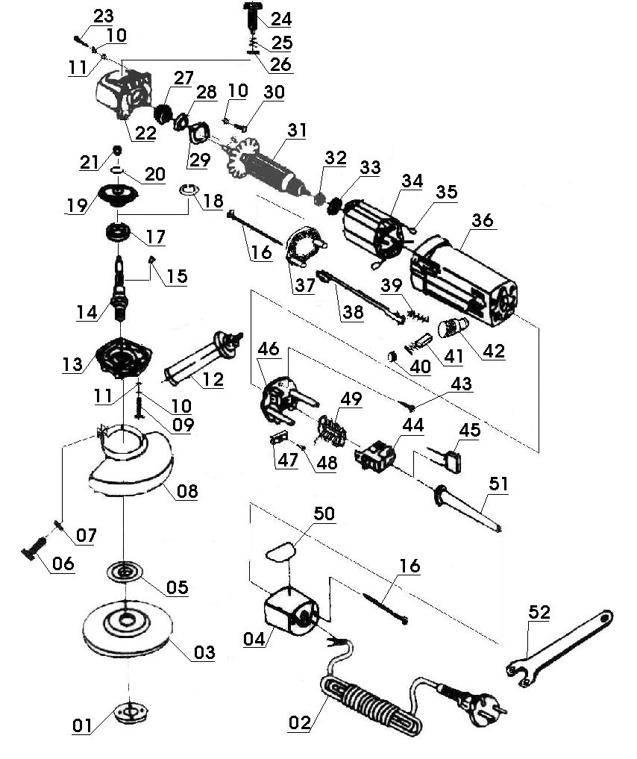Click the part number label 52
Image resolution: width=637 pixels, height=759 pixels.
[x=539, y=612]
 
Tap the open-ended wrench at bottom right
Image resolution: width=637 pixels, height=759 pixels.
[x=559, y=647]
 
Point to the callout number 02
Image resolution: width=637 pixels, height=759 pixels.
[x=300, y=722]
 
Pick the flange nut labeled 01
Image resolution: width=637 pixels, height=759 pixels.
[x=131, y=713]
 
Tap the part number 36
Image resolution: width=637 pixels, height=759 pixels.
[x=482, y=220]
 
